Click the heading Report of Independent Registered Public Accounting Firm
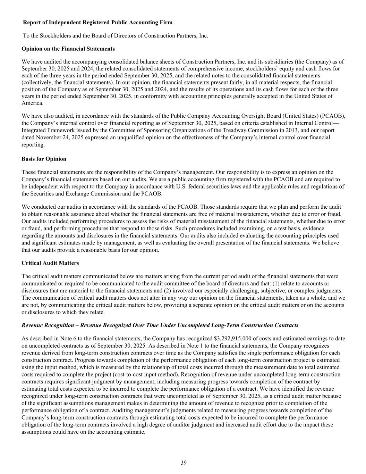[97, 23]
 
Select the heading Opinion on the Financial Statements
[68, 49]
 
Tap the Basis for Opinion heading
[44, 159]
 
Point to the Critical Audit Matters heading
[50, 263]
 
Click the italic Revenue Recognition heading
[160, 325]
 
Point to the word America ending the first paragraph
[32, 103]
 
